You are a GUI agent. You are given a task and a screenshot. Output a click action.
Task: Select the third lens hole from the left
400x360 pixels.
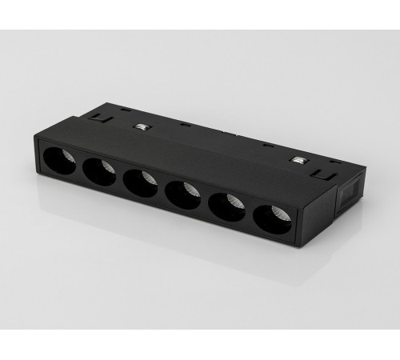tap(141, 182)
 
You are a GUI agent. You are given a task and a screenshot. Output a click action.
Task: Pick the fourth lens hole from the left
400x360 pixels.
tap(183, 194)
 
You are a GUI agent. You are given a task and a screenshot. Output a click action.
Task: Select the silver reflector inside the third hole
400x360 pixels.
tap(150, 178)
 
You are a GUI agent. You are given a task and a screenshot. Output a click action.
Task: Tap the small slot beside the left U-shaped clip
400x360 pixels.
tap(126, 110)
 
